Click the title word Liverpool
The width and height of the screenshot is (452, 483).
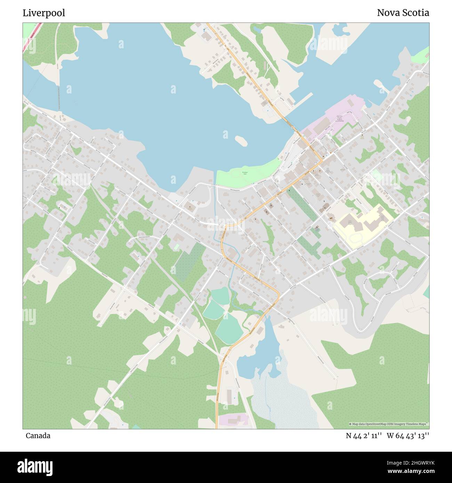point(44,13)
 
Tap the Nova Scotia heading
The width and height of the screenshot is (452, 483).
point(403,13)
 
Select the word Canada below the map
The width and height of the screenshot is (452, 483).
point(38,435)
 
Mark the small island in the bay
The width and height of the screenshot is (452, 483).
point(241,140)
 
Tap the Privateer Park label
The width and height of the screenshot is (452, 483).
point(245,173)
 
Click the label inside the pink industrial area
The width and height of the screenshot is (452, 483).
point(339,118)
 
